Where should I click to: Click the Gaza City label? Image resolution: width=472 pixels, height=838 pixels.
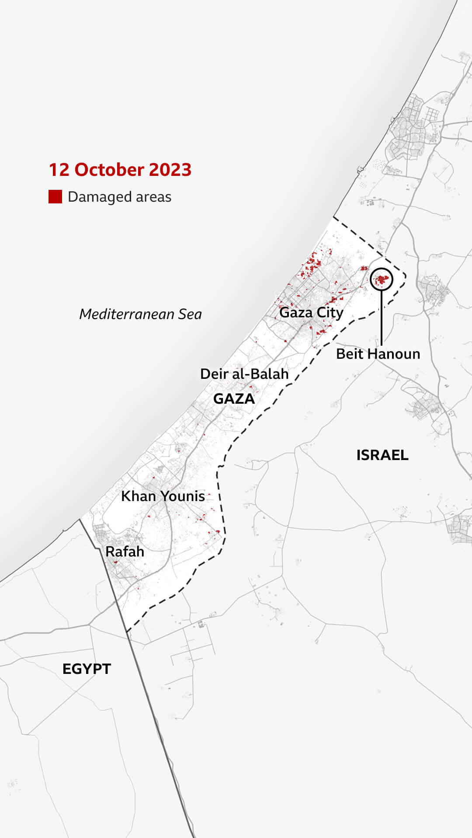311,313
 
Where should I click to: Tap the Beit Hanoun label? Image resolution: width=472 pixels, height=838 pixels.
378,354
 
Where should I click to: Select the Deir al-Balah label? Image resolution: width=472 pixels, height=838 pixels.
244,374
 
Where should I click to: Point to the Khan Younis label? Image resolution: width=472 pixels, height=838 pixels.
163,496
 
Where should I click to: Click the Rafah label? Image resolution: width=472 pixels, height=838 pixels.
125,551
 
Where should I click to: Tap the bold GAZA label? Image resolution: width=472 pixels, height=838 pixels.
234,398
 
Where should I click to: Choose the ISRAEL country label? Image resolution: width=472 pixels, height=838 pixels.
382,455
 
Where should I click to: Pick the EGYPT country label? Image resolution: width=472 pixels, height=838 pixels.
87,669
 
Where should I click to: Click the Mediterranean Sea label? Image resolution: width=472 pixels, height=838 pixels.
140,314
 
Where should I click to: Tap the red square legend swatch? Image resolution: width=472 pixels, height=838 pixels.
55,197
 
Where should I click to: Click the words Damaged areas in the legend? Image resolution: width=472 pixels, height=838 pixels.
119,197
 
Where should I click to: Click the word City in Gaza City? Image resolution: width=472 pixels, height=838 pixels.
330,313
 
